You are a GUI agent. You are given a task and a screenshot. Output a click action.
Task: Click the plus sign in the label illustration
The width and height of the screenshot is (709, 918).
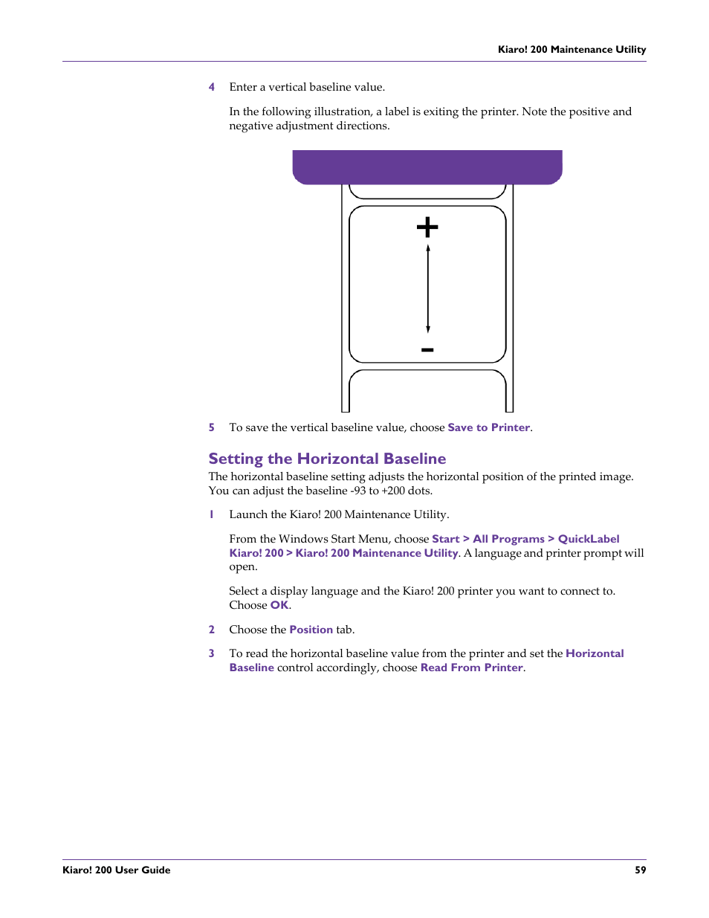(x=427, y=227)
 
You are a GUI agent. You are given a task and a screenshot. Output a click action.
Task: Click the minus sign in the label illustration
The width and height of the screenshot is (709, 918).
(x=427, y=350)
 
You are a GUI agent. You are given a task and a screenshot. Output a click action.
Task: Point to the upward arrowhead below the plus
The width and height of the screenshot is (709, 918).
(x=428, y=248)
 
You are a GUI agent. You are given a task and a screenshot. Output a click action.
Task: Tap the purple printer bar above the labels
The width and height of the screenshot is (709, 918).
(x=427, y=167)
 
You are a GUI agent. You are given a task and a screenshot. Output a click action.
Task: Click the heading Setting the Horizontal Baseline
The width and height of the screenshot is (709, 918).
(x=327, y=459)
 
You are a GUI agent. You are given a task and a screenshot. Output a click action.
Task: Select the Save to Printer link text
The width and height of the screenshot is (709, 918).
(x=488, y=427)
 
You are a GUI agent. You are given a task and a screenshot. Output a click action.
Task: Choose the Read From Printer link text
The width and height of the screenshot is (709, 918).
(x=472, y=668)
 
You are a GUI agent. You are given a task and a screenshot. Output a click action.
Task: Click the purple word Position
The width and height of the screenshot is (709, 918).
(x=311, y=630)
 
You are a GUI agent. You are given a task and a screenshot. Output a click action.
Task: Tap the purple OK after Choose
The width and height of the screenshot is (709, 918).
(x=279, y=605)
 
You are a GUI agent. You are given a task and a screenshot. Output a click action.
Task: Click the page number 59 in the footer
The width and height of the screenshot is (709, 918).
(x=640, y=870)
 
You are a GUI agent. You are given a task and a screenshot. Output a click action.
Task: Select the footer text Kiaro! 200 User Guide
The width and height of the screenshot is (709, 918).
(x=117, y=870)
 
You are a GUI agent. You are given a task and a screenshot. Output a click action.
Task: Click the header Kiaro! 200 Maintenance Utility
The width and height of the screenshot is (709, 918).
(x=572, y=50)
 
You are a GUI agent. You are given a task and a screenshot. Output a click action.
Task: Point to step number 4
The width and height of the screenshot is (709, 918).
(x=212, y=87)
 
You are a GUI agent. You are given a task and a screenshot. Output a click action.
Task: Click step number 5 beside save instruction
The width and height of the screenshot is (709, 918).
(x=212, y=427)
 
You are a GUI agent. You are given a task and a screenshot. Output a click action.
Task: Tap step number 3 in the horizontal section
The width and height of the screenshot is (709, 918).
(x=212, y=653)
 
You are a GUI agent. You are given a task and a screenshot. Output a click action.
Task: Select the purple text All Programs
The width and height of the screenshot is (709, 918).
(x=508, y=539)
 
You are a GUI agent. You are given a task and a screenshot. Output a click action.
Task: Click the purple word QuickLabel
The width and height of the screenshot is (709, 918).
(x=589, y=539)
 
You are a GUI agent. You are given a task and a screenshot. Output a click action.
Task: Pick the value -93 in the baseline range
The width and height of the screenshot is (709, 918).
(x=358, y=491)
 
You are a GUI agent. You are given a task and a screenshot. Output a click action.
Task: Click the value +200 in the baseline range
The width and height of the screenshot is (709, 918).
(x=393, y=491)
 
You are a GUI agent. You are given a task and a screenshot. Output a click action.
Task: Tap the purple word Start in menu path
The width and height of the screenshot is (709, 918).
(x=445, y=539)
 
